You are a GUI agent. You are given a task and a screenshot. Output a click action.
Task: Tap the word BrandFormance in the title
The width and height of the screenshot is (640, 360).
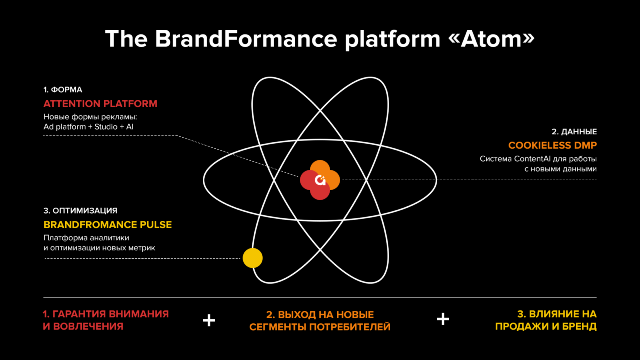point(246,39)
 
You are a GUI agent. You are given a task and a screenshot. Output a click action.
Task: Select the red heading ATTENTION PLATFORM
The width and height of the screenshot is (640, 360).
point(100,104)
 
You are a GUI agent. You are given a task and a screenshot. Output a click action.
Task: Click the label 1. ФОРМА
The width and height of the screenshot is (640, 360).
point(63,90)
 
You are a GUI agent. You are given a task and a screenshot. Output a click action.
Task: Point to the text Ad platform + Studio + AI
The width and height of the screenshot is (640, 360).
point(88,127)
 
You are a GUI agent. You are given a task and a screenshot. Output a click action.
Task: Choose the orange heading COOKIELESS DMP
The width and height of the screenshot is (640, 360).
point(552,146)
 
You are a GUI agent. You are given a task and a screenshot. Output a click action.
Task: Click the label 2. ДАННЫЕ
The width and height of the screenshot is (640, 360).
point(574,132)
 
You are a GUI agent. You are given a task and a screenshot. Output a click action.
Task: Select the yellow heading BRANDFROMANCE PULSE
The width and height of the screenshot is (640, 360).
point(108,225)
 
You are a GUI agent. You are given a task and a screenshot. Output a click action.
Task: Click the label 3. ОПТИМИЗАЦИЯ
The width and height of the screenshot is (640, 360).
point(80,211)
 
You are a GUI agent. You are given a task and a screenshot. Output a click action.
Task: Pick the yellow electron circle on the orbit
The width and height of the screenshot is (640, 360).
point(252,258)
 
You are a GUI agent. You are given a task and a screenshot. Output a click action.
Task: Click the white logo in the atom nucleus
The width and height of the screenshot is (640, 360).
point(320,180)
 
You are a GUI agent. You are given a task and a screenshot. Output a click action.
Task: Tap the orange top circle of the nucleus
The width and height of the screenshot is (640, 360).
point(320,167)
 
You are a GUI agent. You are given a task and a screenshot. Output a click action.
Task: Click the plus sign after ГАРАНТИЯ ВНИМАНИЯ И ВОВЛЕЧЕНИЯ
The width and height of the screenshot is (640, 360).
point(209,320)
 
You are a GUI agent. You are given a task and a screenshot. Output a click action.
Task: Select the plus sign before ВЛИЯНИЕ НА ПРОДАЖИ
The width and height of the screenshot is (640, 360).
point(443,319)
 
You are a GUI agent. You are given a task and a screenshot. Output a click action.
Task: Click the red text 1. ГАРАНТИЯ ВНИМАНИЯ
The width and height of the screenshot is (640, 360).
point(106,314)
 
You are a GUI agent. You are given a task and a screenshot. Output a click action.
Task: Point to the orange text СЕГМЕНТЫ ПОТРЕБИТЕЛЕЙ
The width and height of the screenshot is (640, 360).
point(320,327)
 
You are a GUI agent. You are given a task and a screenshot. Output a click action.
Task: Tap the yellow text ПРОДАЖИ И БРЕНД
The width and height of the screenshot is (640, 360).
point(546,326)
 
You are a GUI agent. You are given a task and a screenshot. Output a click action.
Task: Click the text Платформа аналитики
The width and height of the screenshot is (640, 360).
point(86,238)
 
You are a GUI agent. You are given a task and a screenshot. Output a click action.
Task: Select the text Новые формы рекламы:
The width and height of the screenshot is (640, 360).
point(90,117)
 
